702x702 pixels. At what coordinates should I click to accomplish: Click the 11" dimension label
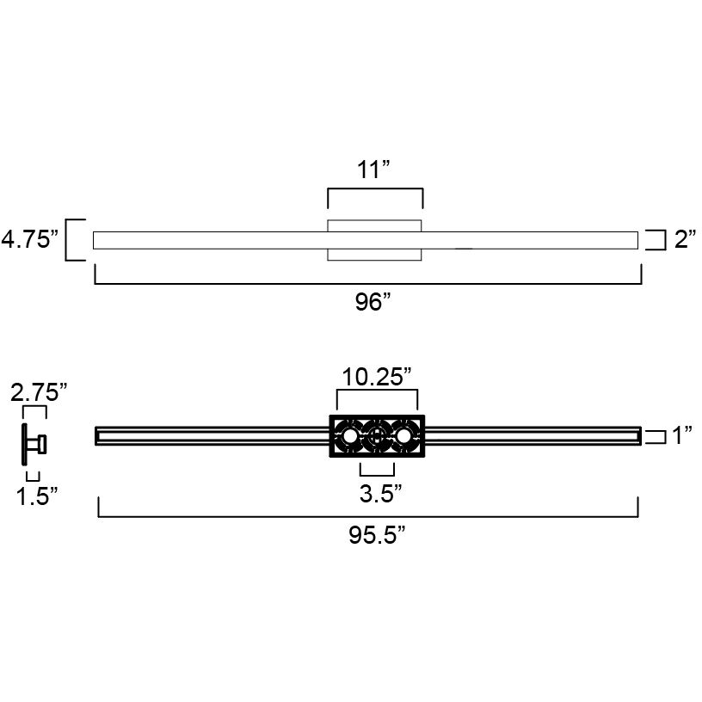coord(374,169)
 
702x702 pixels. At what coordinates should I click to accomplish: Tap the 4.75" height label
coord(30,239)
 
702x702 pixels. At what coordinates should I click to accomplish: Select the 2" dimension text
coord(685,239)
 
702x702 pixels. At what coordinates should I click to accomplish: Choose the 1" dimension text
coord(683,436)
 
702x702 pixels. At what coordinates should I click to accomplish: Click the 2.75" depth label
coord(39,393)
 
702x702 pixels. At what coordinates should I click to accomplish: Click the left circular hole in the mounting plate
coord(349,437)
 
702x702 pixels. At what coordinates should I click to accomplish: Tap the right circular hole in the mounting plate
coord(403,437)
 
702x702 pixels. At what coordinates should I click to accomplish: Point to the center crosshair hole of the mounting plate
coord(376,437)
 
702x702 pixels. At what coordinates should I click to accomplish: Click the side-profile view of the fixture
coord(35,445)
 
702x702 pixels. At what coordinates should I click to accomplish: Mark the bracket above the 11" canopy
coord(375,195)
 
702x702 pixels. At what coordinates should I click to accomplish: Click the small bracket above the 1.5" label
coord(33,476)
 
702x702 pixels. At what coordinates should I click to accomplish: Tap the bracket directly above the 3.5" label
coord(377,470)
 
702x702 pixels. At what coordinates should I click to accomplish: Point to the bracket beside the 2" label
coord(656,239)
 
